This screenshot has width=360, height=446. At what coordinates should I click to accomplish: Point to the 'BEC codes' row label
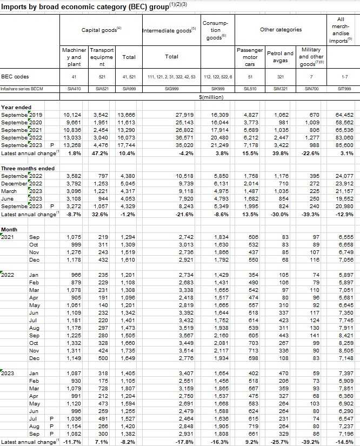[x=15, y=77]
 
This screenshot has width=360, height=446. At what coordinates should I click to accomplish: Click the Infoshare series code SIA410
[x=72, y=88]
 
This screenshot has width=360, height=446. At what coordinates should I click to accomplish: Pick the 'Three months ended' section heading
[x=27, y=169]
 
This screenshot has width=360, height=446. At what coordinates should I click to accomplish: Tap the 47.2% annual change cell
[x=99, y=154]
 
